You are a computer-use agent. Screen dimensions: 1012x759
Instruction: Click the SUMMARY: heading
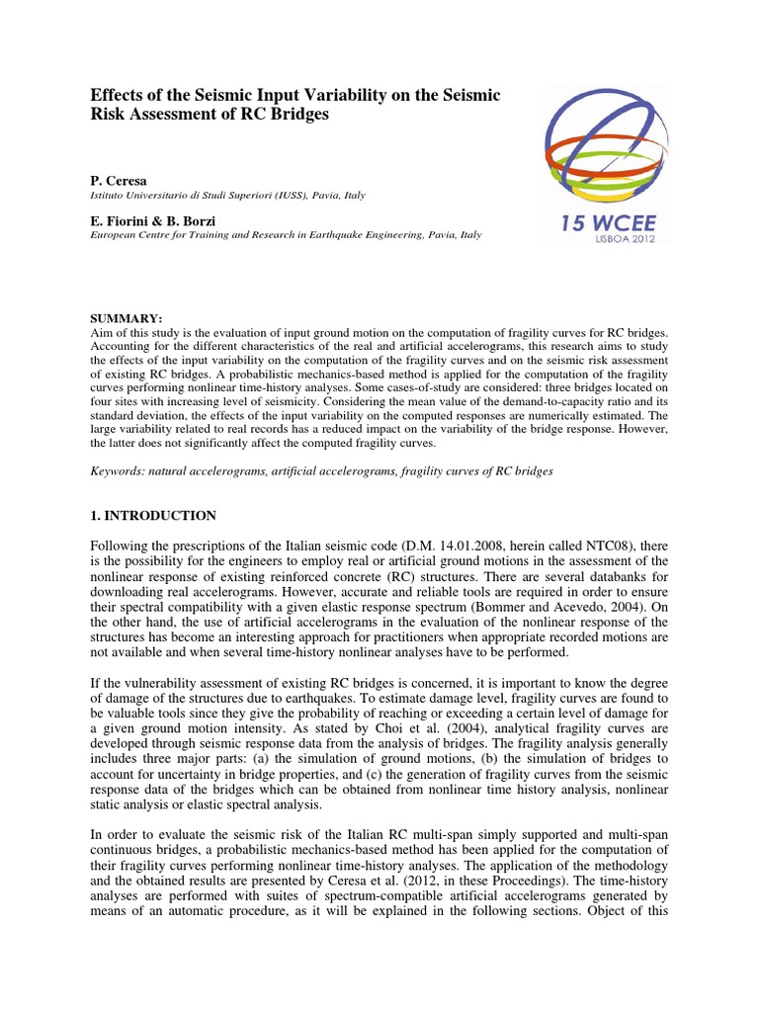coord(126,318)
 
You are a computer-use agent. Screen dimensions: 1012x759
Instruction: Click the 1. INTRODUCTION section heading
coord(153,516)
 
